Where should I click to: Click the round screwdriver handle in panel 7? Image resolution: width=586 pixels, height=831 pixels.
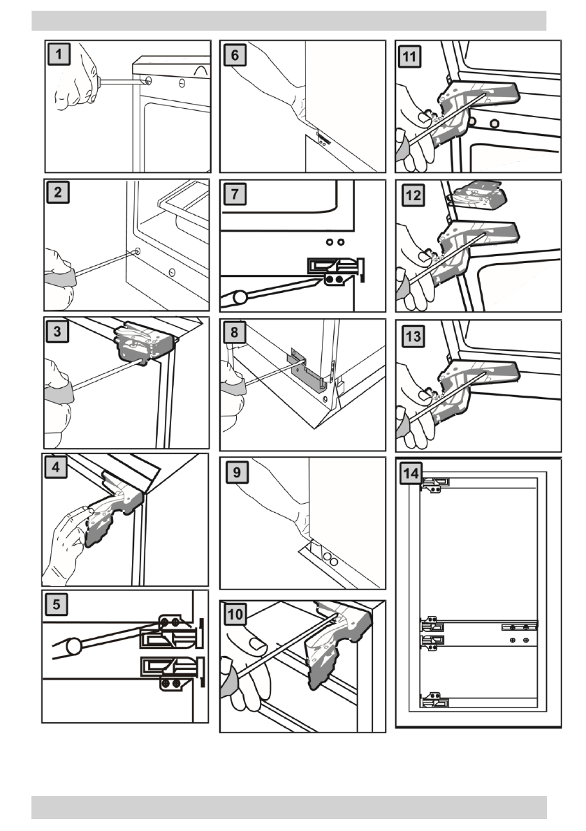[240, 297]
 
